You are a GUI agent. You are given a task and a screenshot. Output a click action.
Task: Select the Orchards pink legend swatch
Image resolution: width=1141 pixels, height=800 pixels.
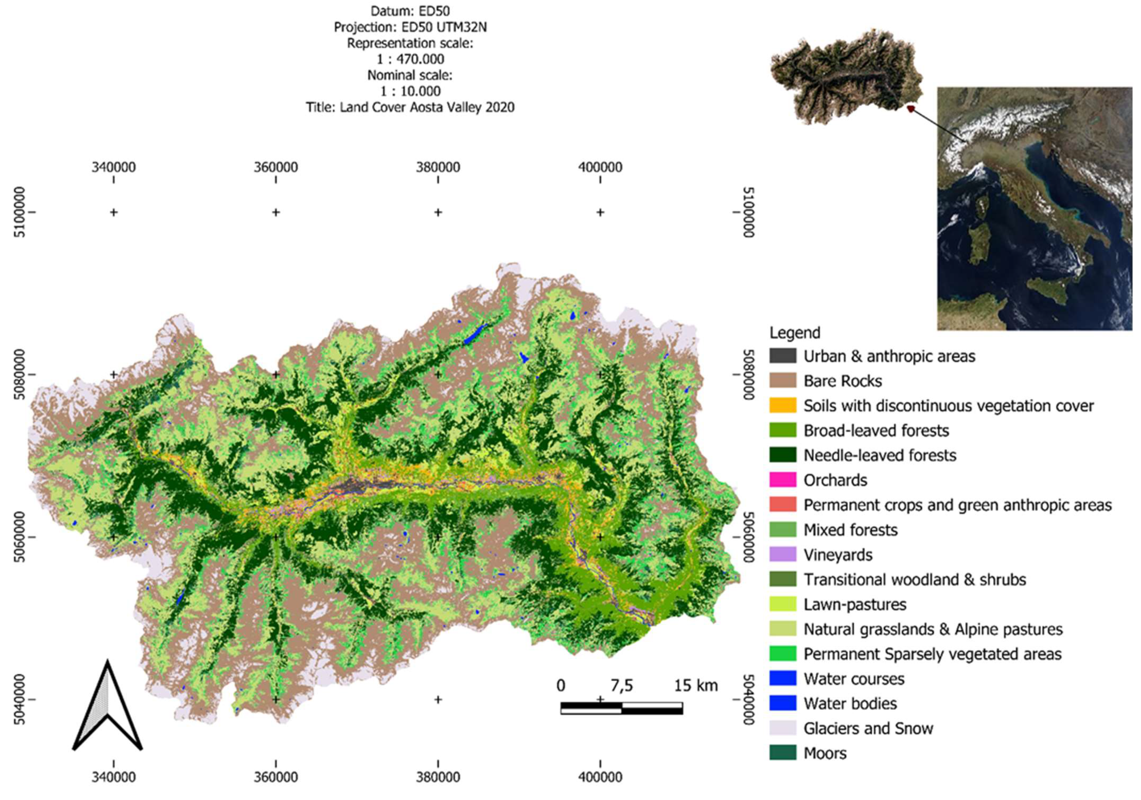coord(783,480)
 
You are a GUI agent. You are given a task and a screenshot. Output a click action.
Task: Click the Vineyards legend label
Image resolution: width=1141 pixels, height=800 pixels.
coord(838,554)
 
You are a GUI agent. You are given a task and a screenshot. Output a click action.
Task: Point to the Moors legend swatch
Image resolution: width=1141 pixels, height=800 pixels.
coord(783,753)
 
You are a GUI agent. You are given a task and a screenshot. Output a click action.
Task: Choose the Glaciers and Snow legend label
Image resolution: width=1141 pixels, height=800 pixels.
coord(868,728)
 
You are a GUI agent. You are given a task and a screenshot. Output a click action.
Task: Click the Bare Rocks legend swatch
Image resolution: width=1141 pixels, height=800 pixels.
coord(783,381)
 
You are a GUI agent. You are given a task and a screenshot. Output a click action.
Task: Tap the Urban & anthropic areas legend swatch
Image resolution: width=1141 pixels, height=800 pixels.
coord(783,356)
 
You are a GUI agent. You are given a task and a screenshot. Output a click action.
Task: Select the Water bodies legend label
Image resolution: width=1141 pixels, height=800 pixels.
coord(850,703)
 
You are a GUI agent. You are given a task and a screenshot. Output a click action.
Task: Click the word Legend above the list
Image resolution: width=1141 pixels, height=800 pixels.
coord(794,332)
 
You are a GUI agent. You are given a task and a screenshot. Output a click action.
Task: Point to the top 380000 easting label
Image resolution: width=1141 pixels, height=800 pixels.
coord(438,167)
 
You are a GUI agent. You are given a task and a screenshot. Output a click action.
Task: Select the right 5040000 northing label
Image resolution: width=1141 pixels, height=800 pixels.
coord(749,700)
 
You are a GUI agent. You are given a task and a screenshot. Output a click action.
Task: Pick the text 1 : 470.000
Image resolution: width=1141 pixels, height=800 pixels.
coord(410,59)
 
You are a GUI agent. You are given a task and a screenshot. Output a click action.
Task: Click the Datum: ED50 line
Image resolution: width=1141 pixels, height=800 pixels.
coord(410,11)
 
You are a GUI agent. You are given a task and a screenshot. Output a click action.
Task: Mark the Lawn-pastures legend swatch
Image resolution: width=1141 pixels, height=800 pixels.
coord(783,604)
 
